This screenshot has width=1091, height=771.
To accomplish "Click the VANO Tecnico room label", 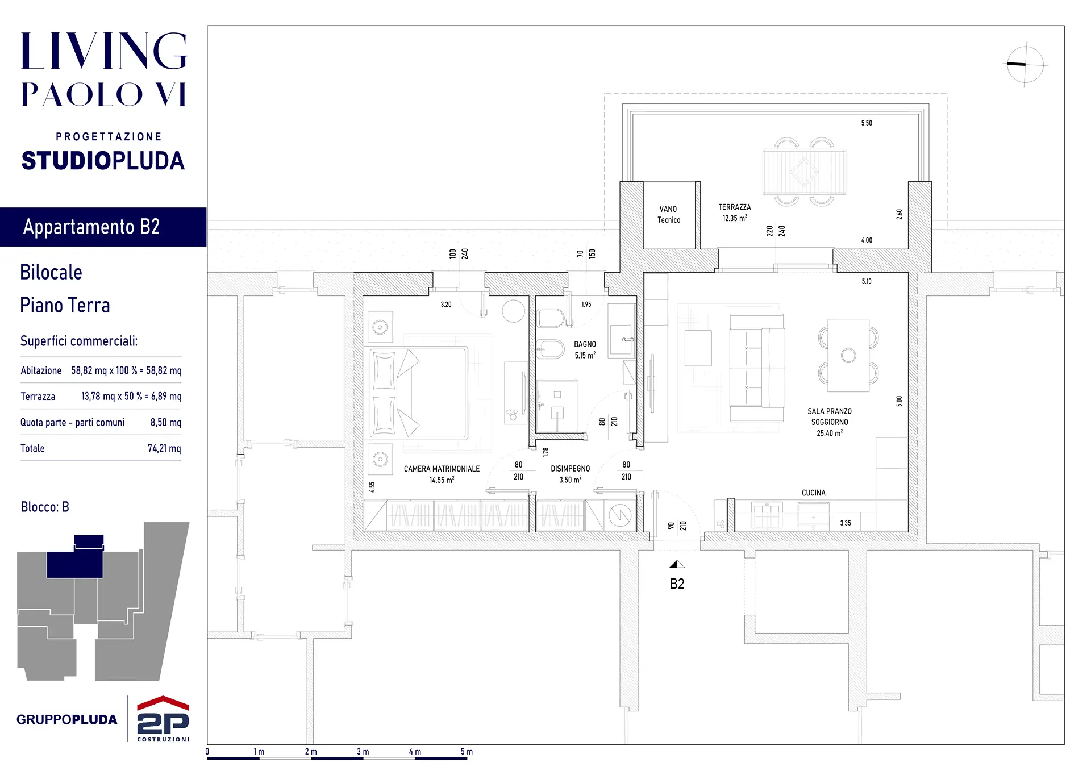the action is pos(669,214).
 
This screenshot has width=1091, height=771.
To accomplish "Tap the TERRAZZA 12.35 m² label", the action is pos(735,212).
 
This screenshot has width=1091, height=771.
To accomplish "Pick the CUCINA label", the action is pos(813,493).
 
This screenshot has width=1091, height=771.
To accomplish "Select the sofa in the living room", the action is pos(757,368).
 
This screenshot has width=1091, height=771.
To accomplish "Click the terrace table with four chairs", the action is pos(804,171).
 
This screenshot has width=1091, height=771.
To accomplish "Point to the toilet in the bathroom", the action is pos(550,318).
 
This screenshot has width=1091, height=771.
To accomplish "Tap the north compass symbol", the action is pos(1026,64).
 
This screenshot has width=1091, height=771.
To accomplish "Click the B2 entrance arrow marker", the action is pos(677,564).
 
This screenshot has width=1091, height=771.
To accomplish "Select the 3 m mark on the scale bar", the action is pos(363,752).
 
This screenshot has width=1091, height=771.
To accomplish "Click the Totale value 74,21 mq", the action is pos(164,448).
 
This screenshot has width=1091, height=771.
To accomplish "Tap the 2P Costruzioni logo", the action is pos(163,719).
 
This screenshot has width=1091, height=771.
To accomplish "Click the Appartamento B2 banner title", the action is pos(91,227).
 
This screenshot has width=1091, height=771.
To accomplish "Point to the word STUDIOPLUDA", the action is pos(103,161).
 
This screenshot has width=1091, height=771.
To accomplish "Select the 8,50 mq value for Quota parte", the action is pos(166,422).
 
